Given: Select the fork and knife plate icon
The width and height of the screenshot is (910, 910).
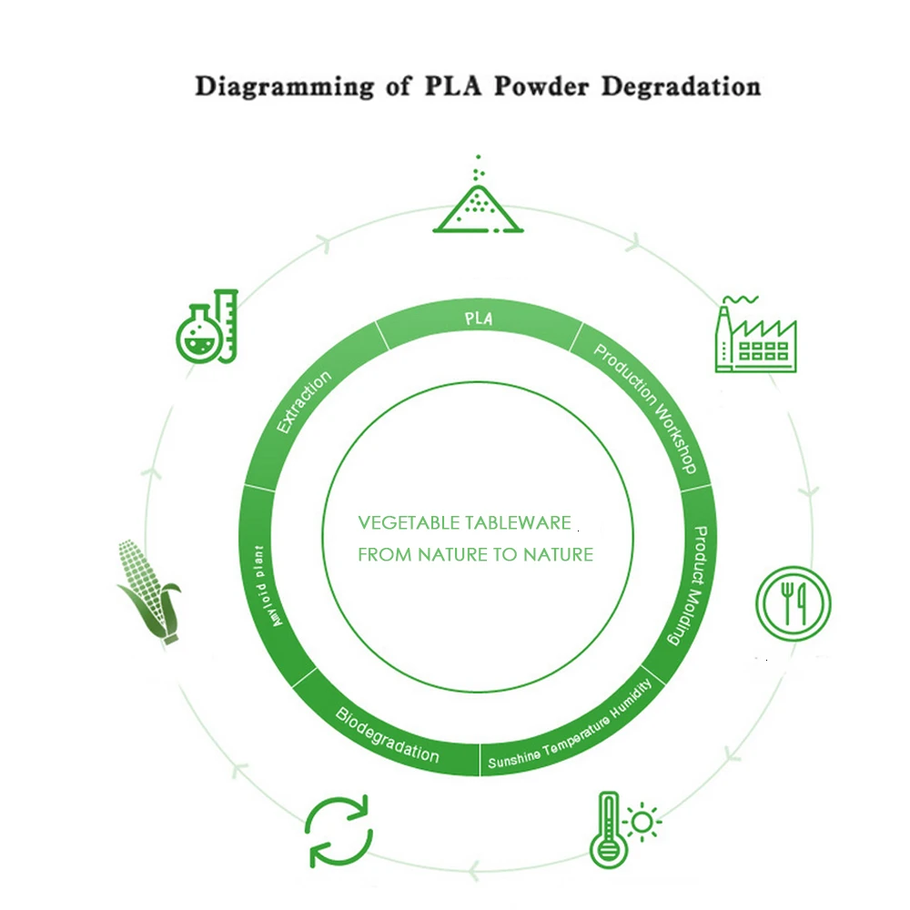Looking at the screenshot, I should point(793,602).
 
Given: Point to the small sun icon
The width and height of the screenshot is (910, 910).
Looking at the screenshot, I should point(644,822).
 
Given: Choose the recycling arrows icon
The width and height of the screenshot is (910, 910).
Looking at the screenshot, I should point(339,831).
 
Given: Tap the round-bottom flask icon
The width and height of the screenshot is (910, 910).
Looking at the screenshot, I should point(197,335).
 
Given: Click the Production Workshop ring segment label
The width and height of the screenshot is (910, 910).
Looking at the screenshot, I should point(646,408).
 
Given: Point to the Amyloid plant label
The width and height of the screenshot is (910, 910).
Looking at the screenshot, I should point(268,584).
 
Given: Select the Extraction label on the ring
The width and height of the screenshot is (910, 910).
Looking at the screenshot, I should point(304,401).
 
